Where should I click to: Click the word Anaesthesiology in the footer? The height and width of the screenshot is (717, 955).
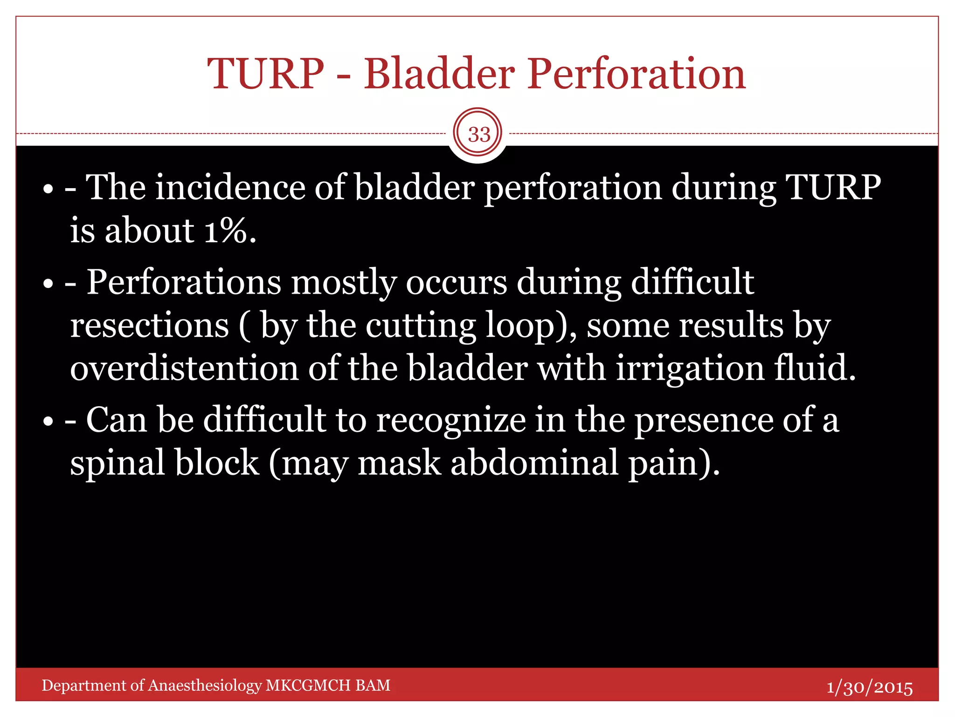(205, 685)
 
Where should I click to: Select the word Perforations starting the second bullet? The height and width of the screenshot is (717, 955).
(184, 282)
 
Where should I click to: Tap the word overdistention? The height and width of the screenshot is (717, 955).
(184, 368)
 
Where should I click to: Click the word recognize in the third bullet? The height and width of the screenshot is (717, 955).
(450, 420)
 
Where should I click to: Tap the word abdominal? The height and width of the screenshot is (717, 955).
(534, 463)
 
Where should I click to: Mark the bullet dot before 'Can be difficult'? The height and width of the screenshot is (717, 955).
(48, 422)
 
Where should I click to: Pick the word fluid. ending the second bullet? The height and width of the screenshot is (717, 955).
(815, 368)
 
